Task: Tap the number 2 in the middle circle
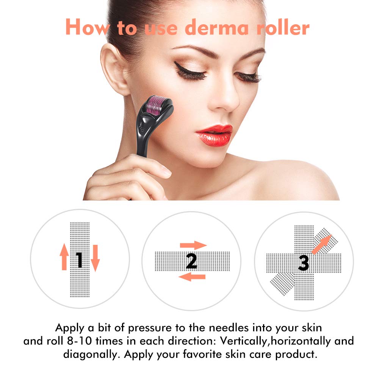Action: tap(191, 261)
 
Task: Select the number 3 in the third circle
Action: tap(303, 262)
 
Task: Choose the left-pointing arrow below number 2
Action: tap(192, 277)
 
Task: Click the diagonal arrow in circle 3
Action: tap(321, 244)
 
